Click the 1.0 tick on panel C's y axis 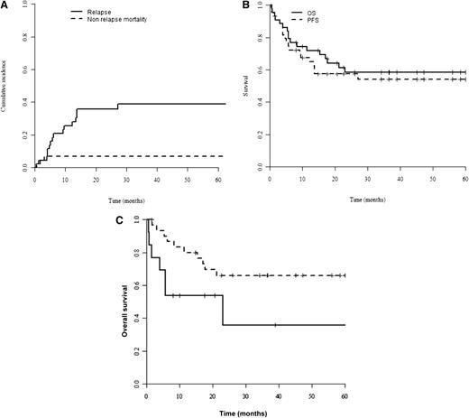pyautogui.click(x=137, y=219)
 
